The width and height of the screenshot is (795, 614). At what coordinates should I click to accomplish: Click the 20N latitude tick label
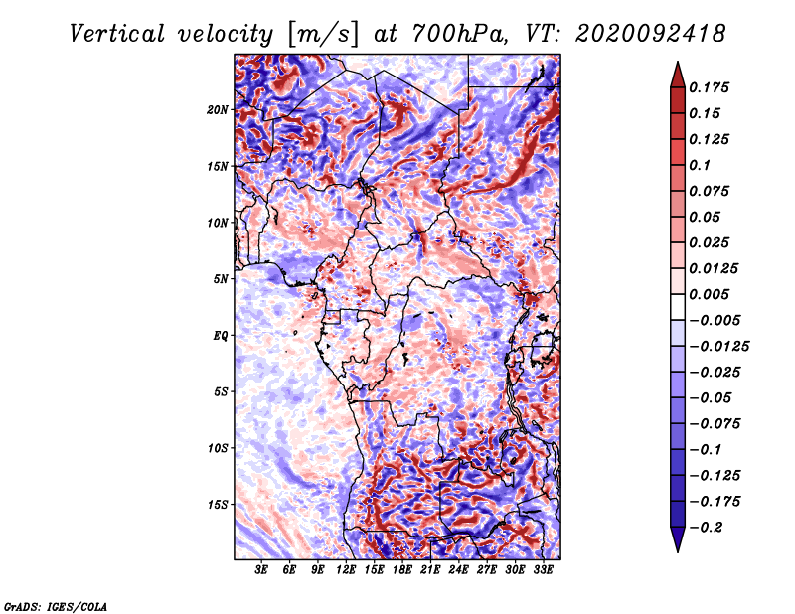[x=218, y=109]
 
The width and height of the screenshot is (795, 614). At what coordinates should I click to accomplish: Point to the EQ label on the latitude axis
[x=221, y=335]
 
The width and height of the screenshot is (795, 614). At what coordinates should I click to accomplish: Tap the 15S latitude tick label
[x=218, y=504]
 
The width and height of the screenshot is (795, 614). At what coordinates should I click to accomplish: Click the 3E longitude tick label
[x=262, y=571]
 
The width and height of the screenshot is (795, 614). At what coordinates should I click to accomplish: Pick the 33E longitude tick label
[x=543, y=571]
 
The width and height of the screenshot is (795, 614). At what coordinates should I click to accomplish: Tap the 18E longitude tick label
[x=402, y=571]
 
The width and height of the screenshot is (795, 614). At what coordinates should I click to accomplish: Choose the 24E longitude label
[x=458, y=571]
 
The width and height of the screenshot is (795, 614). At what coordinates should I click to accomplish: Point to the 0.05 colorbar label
[x=709, y=217]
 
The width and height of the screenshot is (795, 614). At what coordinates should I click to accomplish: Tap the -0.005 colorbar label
[x=715, y=320]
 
